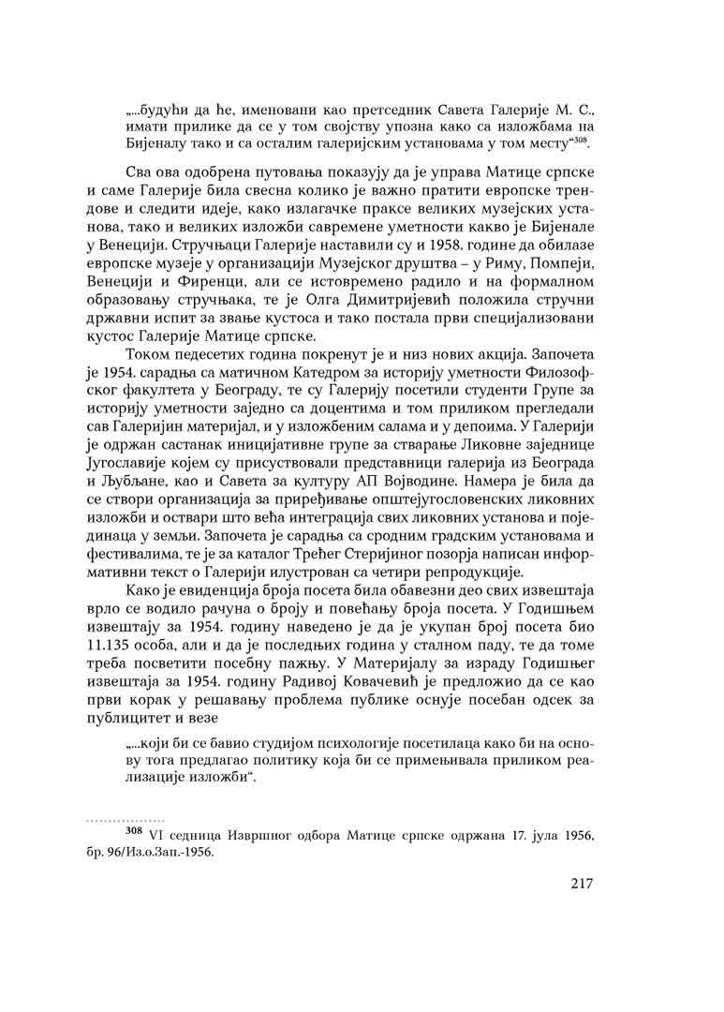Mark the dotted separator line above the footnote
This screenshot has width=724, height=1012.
[126, 818]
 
